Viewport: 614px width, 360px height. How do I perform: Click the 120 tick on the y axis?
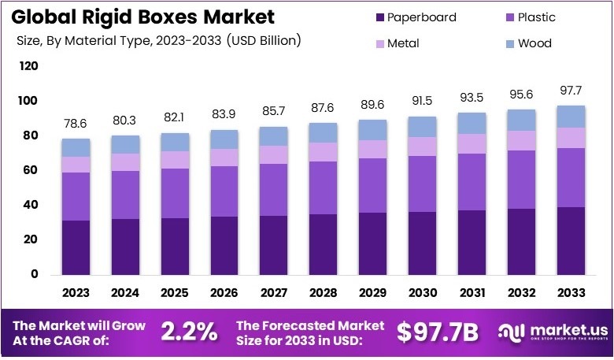coord(29,66)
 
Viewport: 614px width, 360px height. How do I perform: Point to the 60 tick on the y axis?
coord(29,170)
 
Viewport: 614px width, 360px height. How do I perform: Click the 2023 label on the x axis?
coord(76,293)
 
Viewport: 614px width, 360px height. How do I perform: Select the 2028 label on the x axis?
coord(324,293)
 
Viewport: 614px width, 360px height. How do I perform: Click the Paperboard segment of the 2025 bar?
coord(175,246)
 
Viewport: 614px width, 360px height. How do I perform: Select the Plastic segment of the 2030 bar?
coord(422,184)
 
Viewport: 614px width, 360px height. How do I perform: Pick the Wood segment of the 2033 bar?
coord(571,117)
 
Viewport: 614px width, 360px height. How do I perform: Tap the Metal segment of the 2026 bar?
coord(224,158)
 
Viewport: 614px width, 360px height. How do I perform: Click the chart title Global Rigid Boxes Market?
coord(141,17)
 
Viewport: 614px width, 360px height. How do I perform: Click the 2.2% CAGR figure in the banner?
coord(189,332)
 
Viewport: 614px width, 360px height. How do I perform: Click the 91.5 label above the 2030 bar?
coord(422,103)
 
